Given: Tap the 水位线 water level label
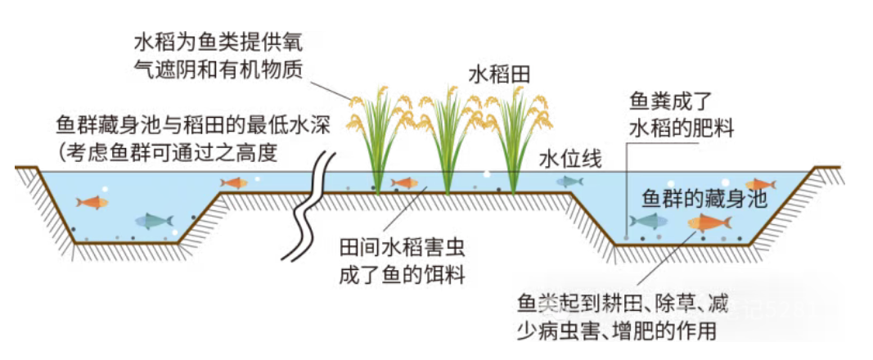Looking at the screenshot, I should tap(570, 160).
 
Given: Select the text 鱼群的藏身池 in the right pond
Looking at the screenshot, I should tap(704, 199).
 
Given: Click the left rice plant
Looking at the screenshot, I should tap(379, 139).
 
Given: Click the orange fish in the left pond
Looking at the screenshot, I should tap(91, 202).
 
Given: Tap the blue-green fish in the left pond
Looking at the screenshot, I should tap(154, 220).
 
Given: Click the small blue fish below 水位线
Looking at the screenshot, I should tap(569, 181).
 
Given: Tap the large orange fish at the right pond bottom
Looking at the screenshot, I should tap(709, 222).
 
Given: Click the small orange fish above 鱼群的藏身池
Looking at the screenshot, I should tap(760, 185).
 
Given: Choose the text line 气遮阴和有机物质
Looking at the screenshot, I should tap(218, 70).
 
